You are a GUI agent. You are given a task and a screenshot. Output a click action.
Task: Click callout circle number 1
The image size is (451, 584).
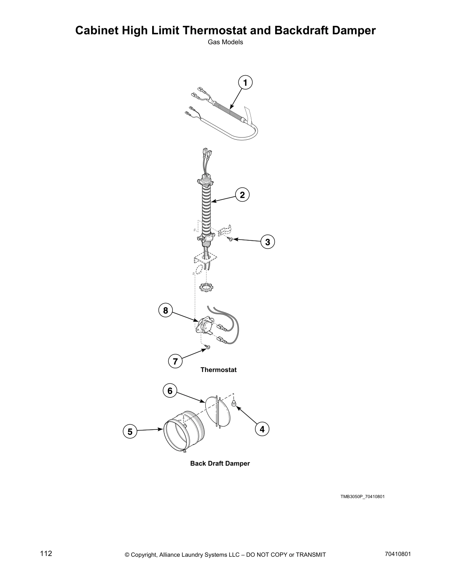pos(245,82)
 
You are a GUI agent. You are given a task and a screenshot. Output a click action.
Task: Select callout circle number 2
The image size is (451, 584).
pos(242,195)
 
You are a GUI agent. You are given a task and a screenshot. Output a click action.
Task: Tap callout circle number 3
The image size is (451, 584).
pos(268,242)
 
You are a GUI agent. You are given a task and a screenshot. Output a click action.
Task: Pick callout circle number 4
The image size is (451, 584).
pos(262,429)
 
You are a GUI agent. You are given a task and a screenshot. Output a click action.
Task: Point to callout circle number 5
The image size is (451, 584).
pos(130,431)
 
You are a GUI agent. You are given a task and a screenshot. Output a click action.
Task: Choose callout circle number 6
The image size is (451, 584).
pos(170,390)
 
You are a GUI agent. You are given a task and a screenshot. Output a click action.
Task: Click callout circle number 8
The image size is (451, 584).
pos(165,310)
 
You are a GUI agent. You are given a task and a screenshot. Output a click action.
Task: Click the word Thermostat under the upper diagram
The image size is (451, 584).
pos(218,369)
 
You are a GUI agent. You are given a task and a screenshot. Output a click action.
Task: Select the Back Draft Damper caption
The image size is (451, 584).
pos(220,463)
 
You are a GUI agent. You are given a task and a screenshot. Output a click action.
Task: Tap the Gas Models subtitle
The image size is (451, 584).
pos(225,42)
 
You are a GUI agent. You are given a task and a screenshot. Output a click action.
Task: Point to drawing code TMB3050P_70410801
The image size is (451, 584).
pos(362,497)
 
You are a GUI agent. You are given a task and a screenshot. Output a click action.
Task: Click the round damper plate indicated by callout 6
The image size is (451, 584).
pos(218,411)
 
